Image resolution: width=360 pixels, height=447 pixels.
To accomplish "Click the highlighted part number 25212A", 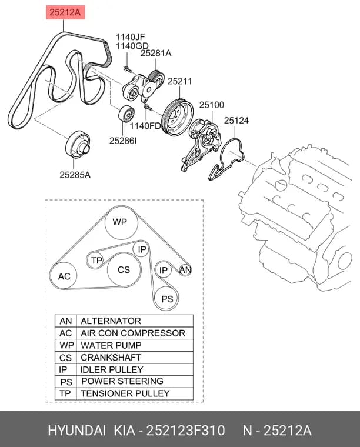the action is [65, 12].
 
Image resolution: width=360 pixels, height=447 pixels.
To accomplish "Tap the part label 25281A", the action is [156, 53].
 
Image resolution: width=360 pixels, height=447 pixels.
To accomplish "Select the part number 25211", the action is [179, 81].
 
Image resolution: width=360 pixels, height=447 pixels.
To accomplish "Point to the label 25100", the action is [212, 105].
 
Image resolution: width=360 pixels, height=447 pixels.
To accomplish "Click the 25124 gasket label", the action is [236, 121].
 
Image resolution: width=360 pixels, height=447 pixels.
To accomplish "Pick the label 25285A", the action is [75, 175].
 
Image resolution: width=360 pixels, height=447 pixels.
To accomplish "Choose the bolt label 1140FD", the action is [146, 126].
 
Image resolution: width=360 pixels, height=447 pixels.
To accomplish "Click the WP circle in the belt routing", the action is [121, 222].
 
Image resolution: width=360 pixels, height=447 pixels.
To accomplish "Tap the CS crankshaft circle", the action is [124, 270].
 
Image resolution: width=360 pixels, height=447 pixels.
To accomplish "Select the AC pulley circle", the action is [64, 276].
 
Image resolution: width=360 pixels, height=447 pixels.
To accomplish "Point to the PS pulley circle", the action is [166, 298].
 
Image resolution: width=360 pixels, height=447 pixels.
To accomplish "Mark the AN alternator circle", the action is [185, 270].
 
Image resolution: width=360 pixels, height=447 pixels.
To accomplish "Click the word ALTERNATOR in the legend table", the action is [111, 321].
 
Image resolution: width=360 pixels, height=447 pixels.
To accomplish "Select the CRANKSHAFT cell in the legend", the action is [111, 358].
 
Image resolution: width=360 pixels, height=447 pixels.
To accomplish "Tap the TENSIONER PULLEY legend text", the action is [125, 393].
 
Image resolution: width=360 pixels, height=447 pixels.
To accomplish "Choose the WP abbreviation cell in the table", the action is [66, 345].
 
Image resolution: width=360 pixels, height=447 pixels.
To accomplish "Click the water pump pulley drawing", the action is [177, 118].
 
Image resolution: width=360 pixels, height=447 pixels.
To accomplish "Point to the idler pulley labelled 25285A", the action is [78, 145].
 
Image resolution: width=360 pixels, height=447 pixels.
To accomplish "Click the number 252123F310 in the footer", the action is [185, 430].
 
